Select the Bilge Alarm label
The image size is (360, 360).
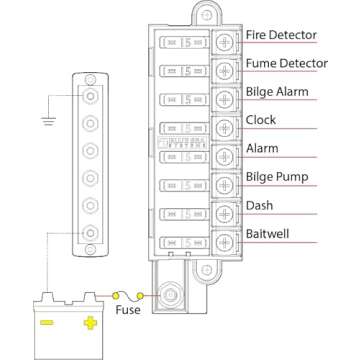pyautogui.click(x=276, y=92)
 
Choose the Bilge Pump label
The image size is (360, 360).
pyautogui.click(x=276, y=177)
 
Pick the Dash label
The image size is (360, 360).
pyautogui.click(x=258, y=206)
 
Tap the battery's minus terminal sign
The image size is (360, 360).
pyautogui.click(x=45, y=323)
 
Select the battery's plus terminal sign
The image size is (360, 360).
pyautogui.click(x=91, y=323)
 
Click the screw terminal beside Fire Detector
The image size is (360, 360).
pyautogui.click(x=225, y=42)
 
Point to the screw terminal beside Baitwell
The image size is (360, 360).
pyautogui.click(x=225, y=240)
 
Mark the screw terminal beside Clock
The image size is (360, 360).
pyautogui.click(x=225, y=127)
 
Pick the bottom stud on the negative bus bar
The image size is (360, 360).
pyautogui.click(x=91, y=235)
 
